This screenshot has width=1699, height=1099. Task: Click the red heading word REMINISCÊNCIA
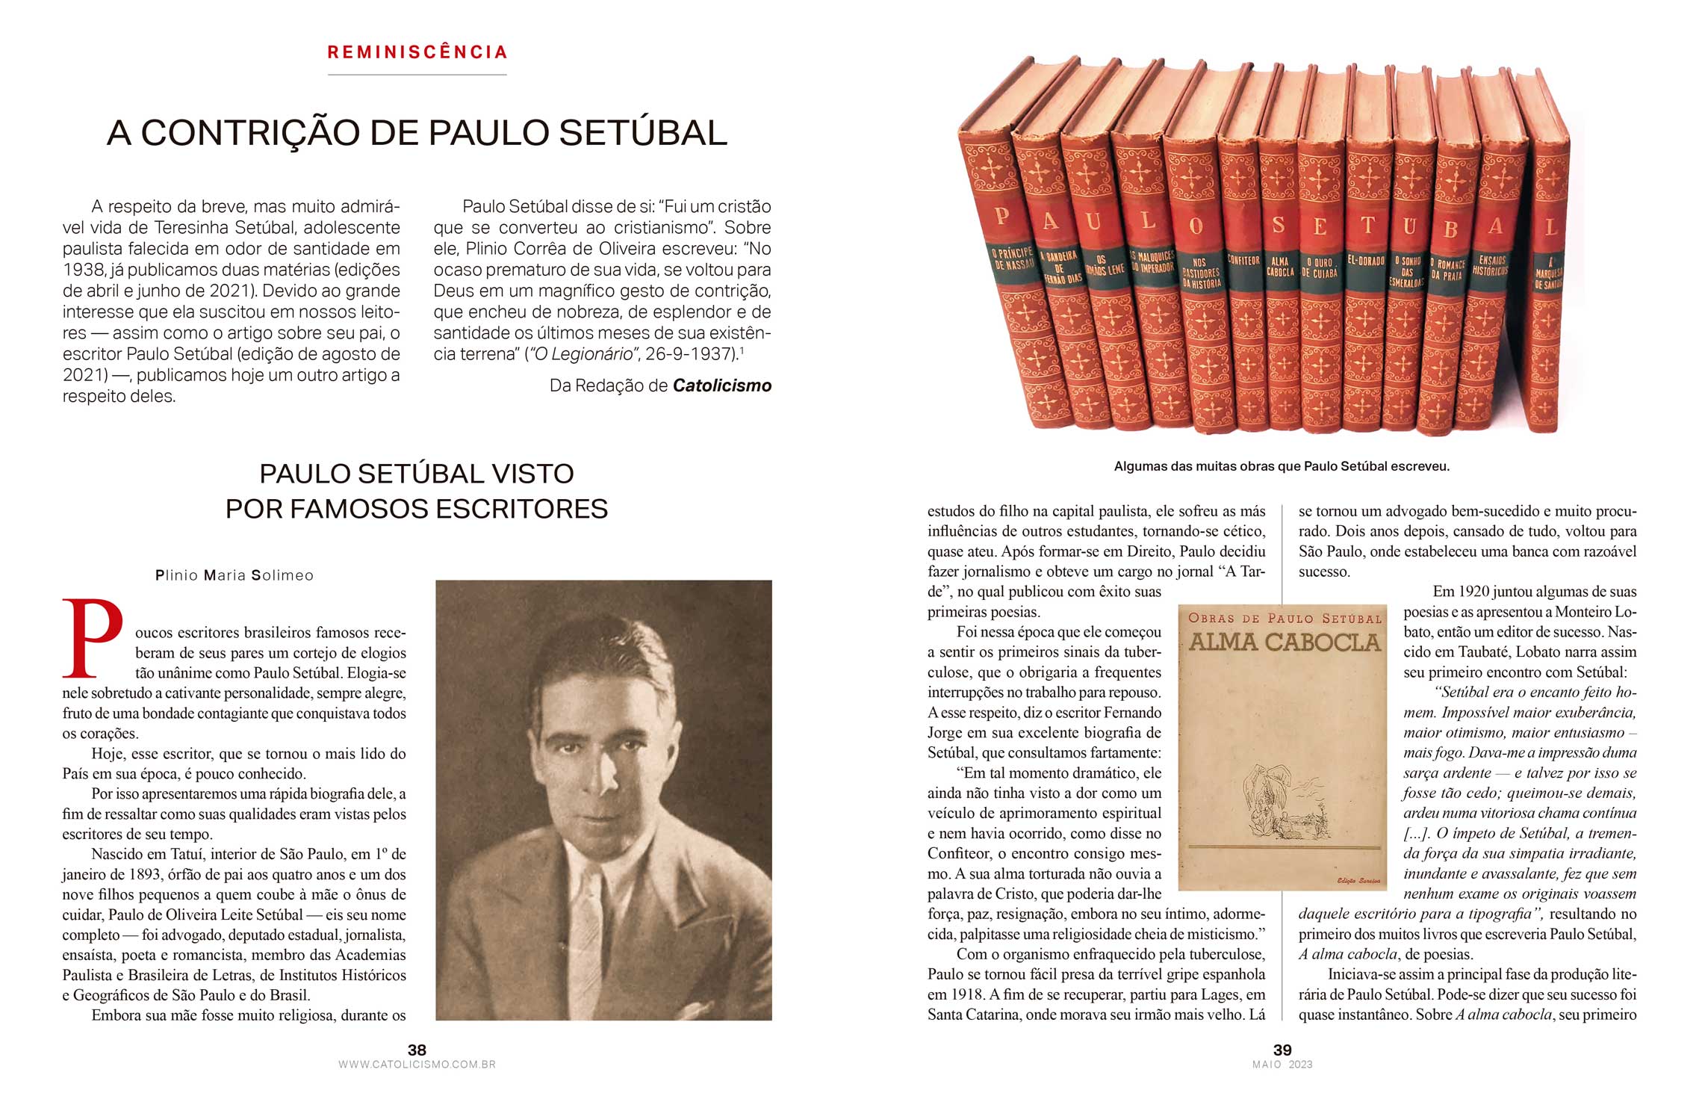point(417,52)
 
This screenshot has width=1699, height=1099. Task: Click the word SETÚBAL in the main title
point(643,133)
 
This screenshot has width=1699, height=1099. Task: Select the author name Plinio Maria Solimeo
point(234,575)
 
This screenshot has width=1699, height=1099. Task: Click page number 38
point(417,1050)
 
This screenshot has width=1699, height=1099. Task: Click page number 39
point(1282,1050)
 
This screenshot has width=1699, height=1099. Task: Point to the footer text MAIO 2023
point(1282,1065)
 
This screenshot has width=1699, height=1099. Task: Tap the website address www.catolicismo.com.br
point(417,1065)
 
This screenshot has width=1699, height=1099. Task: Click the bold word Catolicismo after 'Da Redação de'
point(722,386)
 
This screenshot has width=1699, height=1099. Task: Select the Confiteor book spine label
point(1243,261)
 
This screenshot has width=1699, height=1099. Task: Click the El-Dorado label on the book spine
point(1366,261)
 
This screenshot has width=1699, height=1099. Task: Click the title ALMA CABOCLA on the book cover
point(1284,642)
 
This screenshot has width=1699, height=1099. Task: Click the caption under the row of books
point(1282,466)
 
